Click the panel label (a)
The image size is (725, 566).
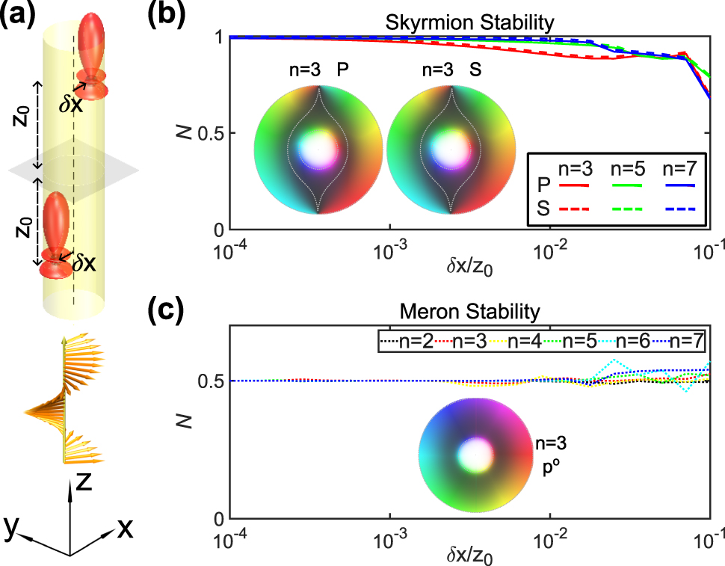[x=19, y=16]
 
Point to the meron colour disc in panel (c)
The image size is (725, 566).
[x=475, y=454]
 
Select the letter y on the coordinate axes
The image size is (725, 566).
[x=11, y=526]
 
